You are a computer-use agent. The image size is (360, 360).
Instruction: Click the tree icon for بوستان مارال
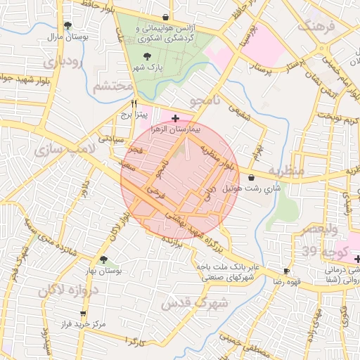click(67, 25)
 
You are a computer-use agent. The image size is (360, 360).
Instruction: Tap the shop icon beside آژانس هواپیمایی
click(165, 18)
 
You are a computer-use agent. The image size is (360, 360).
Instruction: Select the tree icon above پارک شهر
click(147, 56)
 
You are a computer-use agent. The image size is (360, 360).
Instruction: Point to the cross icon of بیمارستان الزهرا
click(175, 118)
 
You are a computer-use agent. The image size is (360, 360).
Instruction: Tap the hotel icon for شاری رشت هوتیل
click(252, 179)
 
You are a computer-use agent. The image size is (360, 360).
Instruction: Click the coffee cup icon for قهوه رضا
click(286, 271)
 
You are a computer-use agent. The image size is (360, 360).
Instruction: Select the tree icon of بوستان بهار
click(103, 259)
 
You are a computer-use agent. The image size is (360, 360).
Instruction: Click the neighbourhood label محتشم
click(112, 86)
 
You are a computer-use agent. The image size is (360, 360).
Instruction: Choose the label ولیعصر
click(320, 230)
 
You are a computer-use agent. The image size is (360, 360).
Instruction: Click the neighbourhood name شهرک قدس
click(195, 303)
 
